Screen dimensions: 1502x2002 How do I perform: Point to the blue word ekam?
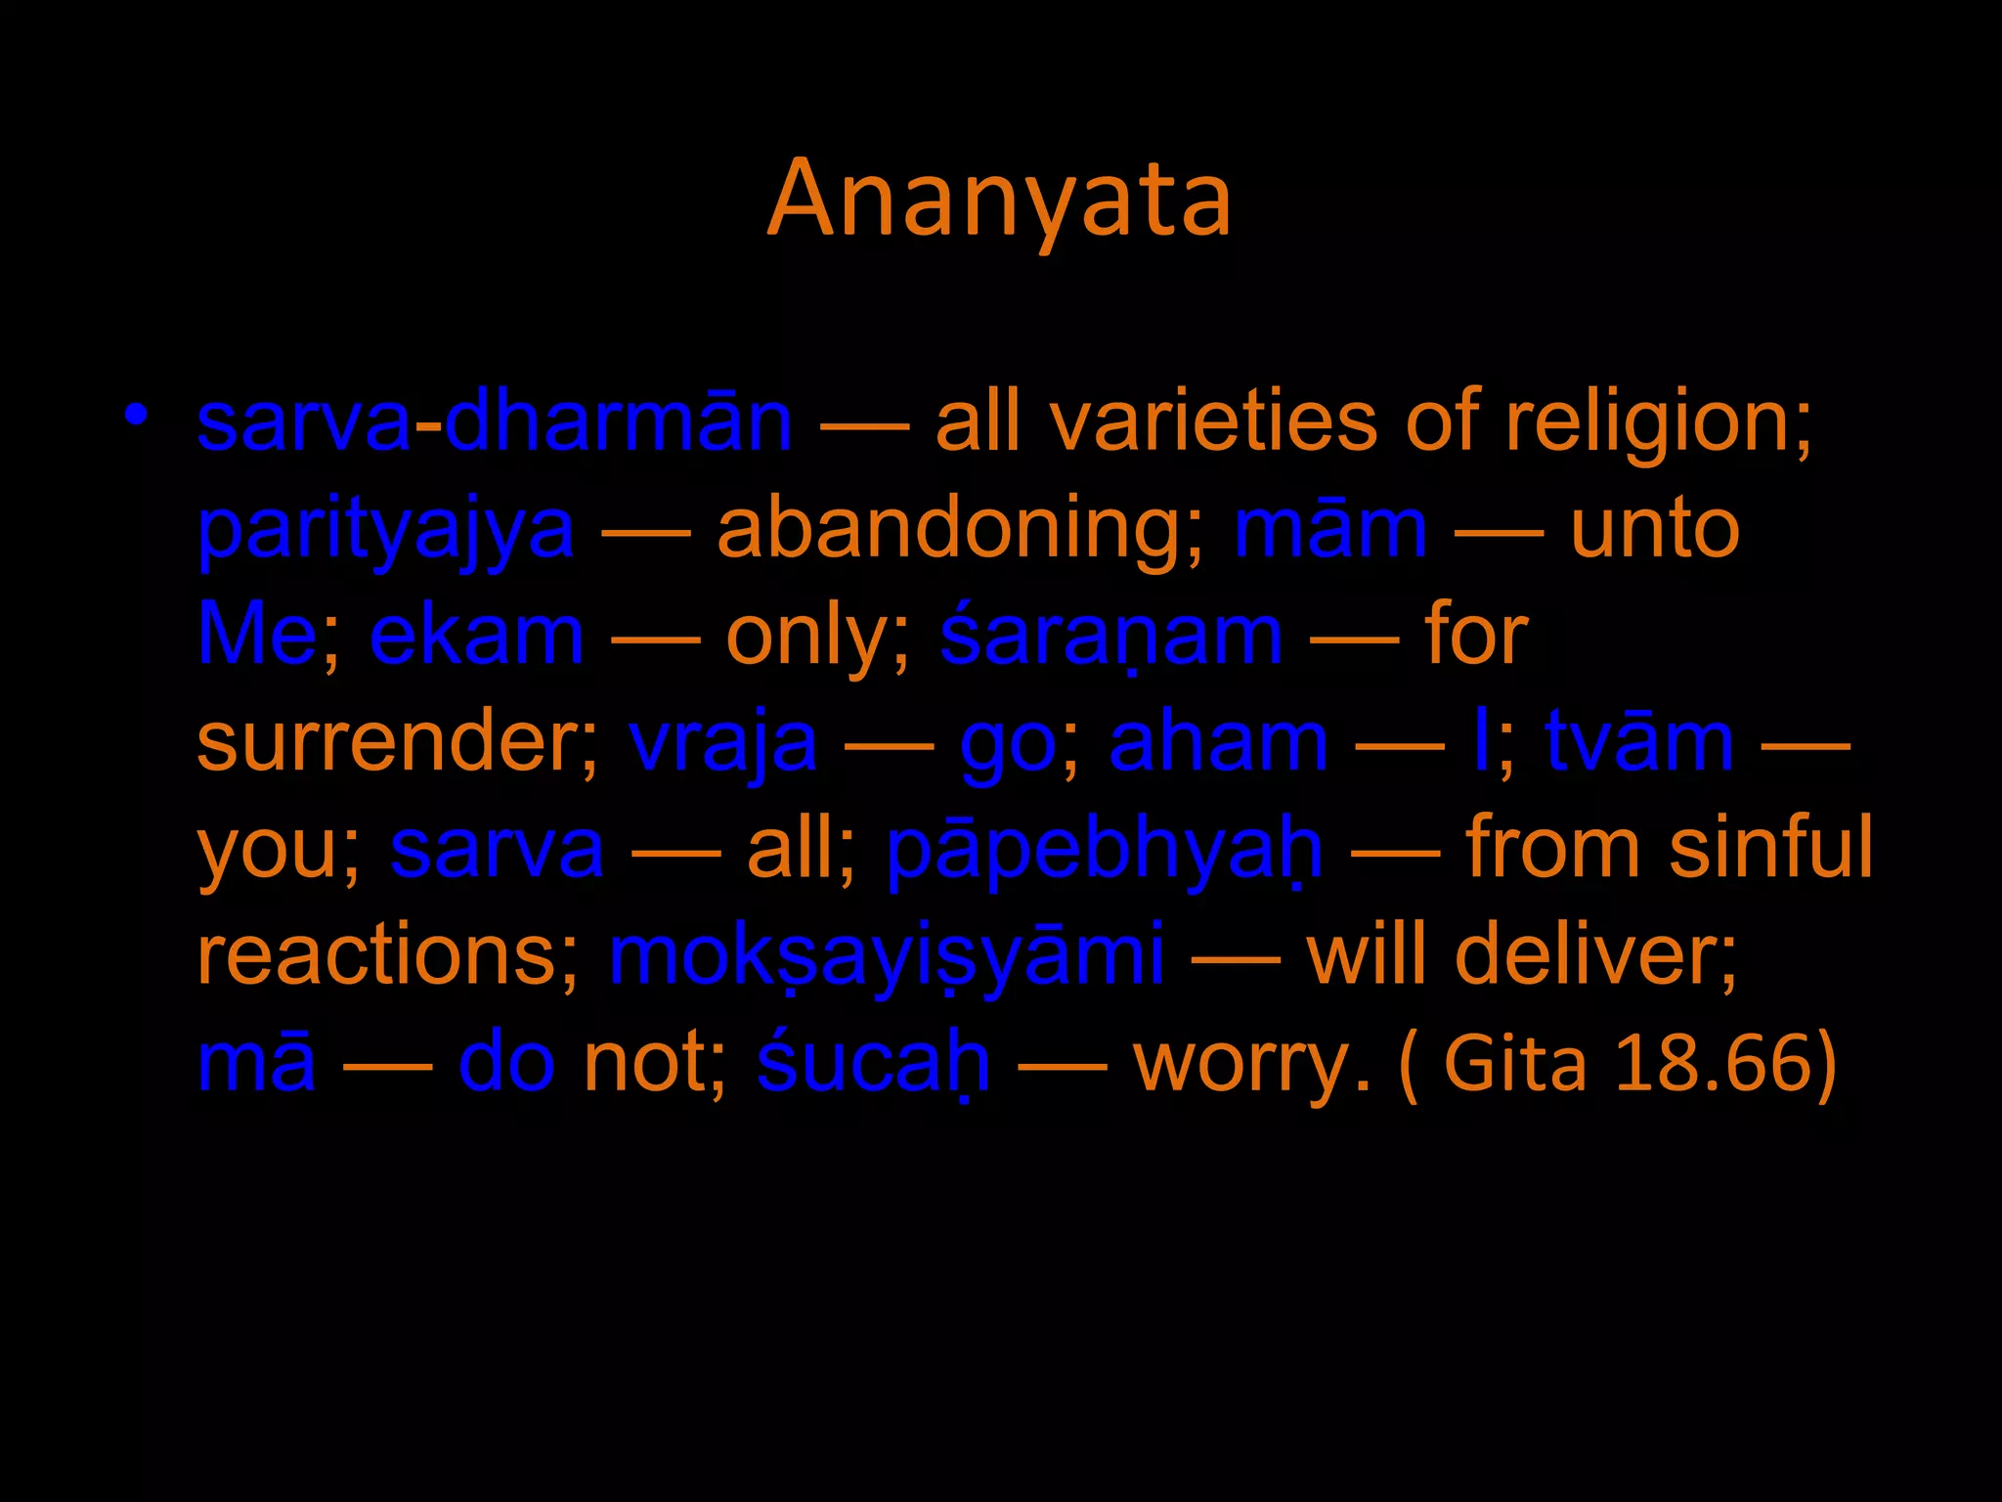[x=477, y=636]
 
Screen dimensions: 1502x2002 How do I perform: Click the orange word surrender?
[x=395, y=742]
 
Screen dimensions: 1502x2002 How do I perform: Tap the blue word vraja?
[x=722, y=743]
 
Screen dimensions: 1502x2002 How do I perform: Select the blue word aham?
[x=1218, y=742]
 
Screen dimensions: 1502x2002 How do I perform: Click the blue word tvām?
[x=1639, y=742]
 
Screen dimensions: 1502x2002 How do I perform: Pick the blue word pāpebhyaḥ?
[x=1105, y=849]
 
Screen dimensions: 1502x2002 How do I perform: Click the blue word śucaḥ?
[x=873, y=1063]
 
